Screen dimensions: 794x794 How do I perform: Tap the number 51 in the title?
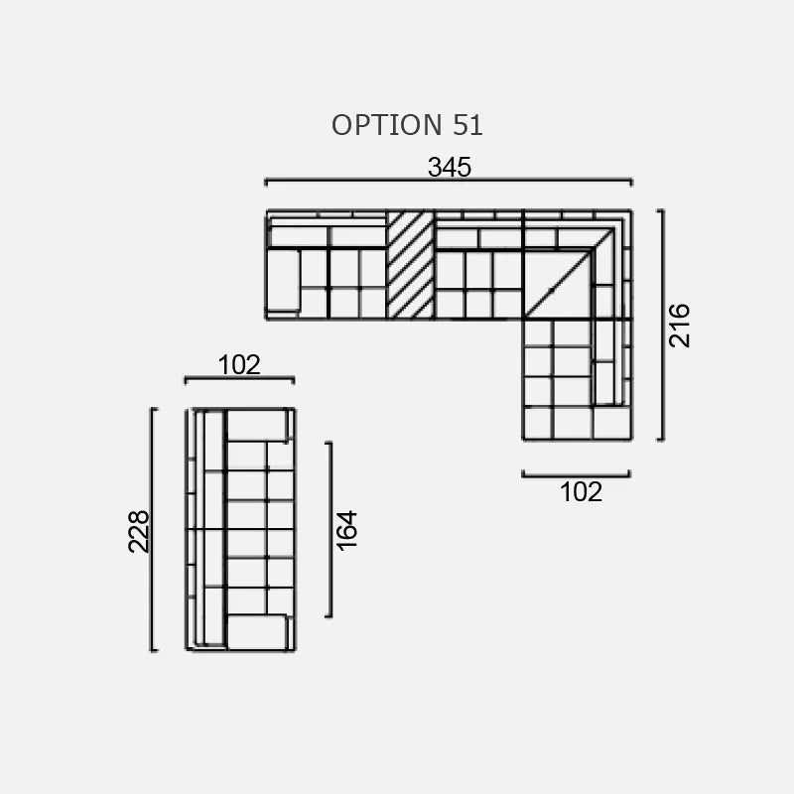[466, 125]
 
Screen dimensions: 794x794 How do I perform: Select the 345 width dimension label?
[449, 167]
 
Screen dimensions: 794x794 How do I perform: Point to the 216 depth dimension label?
[679, 325]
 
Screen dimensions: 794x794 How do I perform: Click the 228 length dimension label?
[139, 530]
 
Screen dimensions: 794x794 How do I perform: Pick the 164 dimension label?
[346, 530]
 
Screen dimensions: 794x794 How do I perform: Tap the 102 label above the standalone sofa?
[239, 365]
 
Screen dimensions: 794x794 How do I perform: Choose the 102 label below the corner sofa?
[581, 491]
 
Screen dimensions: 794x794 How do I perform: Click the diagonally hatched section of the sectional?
[410, 265]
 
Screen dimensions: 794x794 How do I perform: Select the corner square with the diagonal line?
[556, 283]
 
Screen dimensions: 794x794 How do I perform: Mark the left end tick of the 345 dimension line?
[266, 181]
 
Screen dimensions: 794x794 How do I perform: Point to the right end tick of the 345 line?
[631, 181]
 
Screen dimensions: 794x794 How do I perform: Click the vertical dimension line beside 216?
[661, 325]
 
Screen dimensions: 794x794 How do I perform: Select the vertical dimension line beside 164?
[329, 529]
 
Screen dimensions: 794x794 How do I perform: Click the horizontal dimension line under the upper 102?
[239, 379]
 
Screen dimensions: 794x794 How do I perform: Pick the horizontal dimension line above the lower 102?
[576, 474]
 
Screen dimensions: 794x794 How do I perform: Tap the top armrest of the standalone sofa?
[257, 425]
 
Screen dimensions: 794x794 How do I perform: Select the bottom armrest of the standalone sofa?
[257, 631]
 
